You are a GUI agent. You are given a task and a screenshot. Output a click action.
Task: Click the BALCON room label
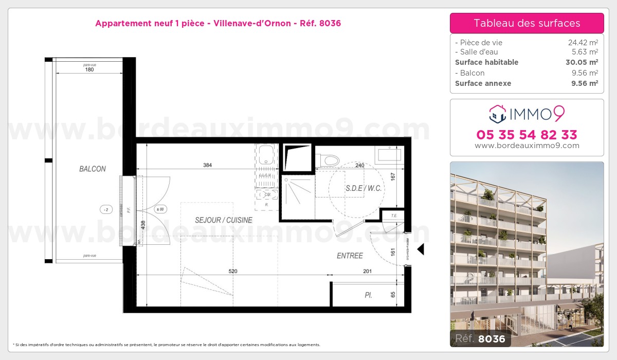93,169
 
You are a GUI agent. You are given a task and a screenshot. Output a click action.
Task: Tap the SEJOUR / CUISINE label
223,220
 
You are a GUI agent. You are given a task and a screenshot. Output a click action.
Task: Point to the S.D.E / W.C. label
364,188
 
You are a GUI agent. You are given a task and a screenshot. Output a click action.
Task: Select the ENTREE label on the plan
350,256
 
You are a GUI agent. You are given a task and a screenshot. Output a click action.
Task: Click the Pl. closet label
368,295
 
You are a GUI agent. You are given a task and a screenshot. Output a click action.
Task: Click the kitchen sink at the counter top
267,154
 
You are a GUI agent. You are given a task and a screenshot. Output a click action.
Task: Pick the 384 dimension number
207,165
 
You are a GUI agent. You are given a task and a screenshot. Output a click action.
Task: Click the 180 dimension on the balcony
89,69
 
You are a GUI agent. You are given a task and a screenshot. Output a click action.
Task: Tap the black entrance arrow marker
420,249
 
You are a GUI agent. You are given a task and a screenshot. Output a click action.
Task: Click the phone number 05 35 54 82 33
527,135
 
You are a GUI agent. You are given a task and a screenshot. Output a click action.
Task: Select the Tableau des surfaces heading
527,23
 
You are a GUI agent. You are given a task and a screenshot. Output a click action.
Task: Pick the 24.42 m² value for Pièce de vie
583,43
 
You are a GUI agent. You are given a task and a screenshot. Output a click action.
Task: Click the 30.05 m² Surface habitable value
582,62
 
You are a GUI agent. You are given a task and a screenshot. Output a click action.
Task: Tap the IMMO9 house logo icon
497,114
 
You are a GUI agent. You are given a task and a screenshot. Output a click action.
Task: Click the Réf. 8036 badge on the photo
480,338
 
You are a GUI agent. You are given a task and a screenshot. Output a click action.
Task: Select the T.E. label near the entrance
393,215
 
